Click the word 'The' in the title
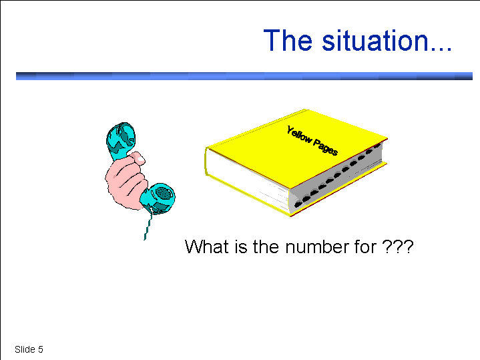click(x=288, y=40)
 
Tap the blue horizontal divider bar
click(x=244, y=76)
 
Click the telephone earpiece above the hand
click(x=121, y=140)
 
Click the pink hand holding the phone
click(x=126, y=181)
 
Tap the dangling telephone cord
click(x=148, y=226)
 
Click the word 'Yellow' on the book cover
click(x=299, y=136)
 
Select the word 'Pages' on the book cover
click(x=325, y=148)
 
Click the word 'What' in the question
click(x=207, y=246)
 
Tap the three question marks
click(x=398, y=246)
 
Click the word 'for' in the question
click(x=366, y=246)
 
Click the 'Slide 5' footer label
click(x=29, y=349)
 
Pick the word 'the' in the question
click(x=266, y=246)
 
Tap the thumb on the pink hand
click(x=137, y=158)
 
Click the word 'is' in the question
click(x=241, y=246)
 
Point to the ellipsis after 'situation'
click(x=441, y=48)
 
